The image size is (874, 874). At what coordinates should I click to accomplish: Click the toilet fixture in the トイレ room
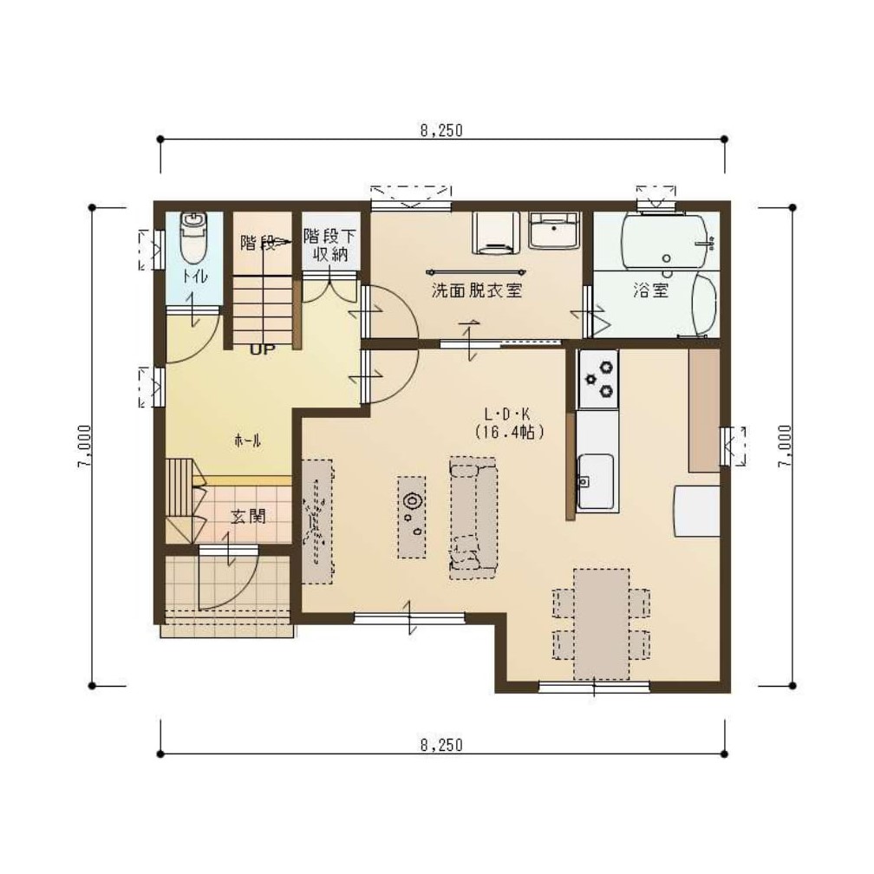[193, 238]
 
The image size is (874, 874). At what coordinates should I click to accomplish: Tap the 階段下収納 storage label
[329, 245]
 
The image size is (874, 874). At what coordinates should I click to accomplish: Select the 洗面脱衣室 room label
[477, 290]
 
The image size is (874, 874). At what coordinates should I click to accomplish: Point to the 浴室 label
[650, 290]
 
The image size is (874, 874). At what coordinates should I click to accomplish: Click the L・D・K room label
[506, 414]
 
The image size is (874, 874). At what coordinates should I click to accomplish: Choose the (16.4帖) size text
[509, 433]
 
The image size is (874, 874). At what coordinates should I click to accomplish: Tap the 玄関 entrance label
[248, 517]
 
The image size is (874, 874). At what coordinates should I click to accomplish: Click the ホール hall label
[247, 440]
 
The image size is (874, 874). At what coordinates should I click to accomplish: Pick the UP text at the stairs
[262, 350]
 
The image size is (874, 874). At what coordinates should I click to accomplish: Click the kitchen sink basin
[596, 481]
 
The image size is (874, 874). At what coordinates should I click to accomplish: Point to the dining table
[602, 623]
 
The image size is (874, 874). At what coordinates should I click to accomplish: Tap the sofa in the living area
[473, 518]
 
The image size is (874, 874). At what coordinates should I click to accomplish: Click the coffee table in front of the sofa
[412, 518]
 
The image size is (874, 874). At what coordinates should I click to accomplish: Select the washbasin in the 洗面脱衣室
[554, 230]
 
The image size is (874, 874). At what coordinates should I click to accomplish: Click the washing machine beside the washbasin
[496, 232]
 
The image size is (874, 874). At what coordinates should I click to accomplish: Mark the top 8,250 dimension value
[441, 130]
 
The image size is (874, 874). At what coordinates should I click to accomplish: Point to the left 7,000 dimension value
[84, 447]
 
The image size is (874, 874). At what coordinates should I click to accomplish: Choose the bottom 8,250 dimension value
[441, 745]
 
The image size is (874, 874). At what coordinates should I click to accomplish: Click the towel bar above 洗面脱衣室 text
[476, 272]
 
